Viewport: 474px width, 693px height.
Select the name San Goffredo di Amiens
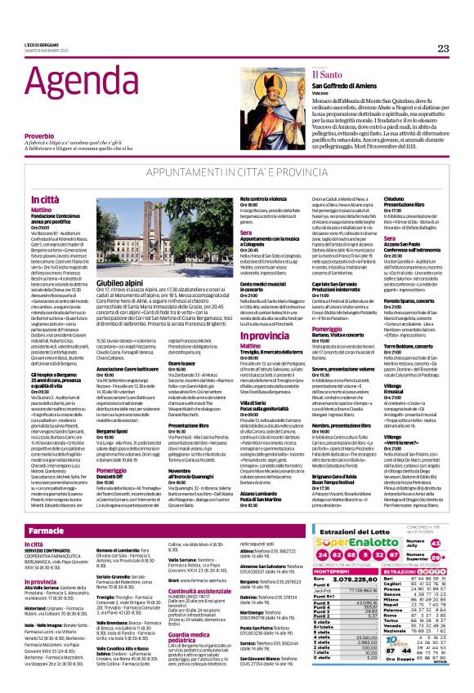pyautogui.click(x=318, y=87)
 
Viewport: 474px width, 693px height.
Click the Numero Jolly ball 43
pyautogui.click(x=435, y=543)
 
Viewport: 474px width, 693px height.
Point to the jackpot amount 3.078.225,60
pyautogui.click(x=355, y=578)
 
